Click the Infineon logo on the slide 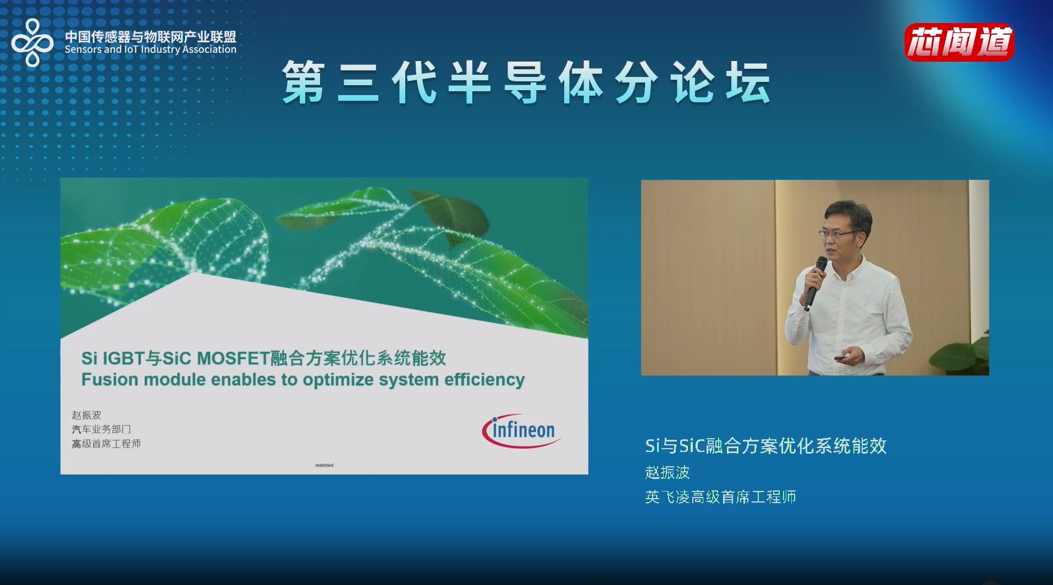[x=521, y=431]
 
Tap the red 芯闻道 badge [x=960, y=42]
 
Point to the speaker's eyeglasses [x=839, y=234]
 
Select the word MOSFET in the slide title [x=233, y=358]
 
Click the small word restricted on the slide [x=324, y=465]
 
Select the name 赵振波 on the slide [x=86, y=415]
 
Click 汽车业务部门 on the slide [x=101, y=429]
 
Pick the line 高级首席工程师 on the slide [x=106, y=444]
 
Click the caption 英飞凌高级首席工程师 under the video [x=720, y=497]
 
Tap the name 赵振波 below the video [x=667, y=472]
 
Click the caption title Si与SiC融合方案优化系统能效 [x=766, y=446]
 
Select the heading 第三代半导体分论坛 [x=526, y=82]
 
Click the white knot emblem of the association [x=32, y=42]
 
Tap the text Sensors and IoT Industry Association [x=151, y=49]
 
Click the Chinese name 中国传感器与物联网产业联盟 [x=151, y=36]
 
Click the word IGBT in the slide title [x=123, y=358]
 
